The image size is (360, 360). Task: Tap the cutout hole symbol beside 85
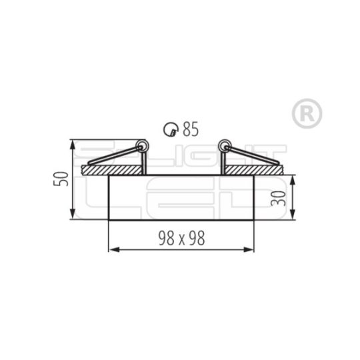click(x=171, y=129)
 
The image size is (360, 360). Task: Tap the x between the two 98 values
click(x=179, y=237)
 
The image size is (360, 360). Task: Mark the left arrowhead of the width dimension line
click(x=111, y=250)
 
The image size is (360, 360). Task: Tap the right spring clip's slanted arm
click(x=251, y=157)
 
